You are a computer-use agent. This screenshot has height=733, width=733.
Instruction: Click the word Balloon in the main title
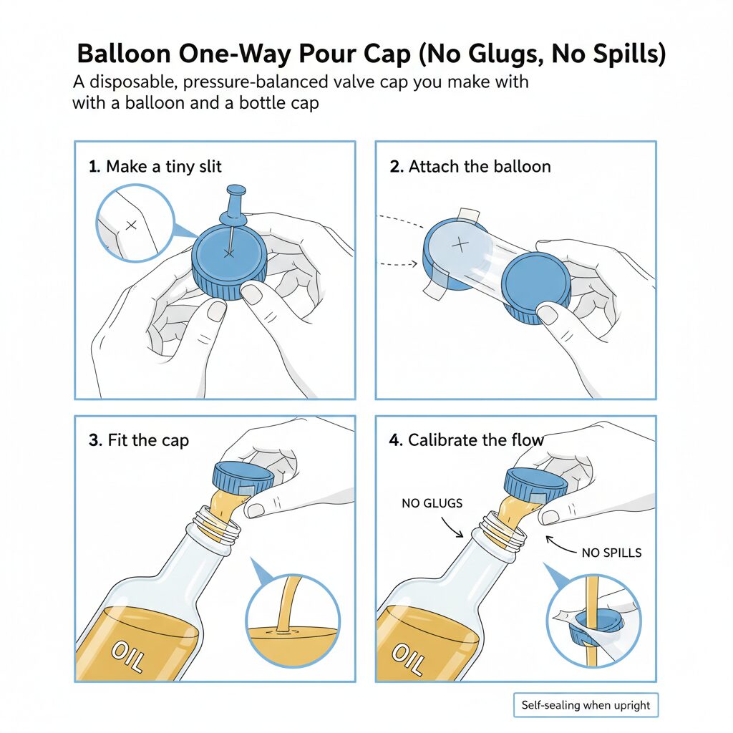(124, 53)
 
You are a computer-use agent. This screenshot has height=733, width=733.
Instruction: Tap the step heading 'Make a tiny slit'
(164, 166)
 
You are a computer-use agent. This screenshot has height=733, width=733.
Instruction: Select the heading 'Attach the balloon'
(480, 166)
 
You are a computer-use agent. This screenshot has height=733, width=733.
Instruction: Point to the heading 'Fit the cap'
(148, 440)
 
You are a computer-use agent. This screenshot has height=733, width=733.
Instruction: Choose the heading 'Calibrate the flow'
(476, 440)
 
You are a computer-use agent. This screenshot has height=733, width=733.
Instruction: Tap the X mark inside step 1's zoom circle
(132, 225)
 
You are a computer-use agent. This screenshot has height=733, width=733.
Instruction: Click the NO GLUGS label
(432, 503)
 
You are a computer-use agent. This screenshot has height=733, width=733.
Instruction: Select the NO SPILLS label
(611, 553)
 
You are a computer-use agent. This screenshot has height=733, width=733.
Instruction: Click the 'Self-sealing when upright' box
(586, 705)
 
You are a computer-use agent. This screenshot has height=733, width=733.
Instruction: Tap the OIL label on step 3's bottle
(127, 657)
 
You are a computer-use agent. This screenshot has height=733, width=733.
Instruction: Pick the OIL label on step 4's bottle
(409, 659)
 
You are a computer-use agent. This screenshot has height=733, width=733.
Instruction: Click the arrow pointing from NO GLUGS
(452, 527)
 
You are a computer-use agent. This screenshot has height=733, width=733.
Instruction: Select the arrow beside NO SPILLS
(560, 545)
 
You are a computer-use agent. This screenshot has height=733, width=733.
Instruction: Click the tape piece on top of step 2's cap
(468, 215)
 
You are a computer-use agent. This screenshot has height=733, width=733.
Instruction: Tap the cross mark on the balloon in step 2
(460, 244)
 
